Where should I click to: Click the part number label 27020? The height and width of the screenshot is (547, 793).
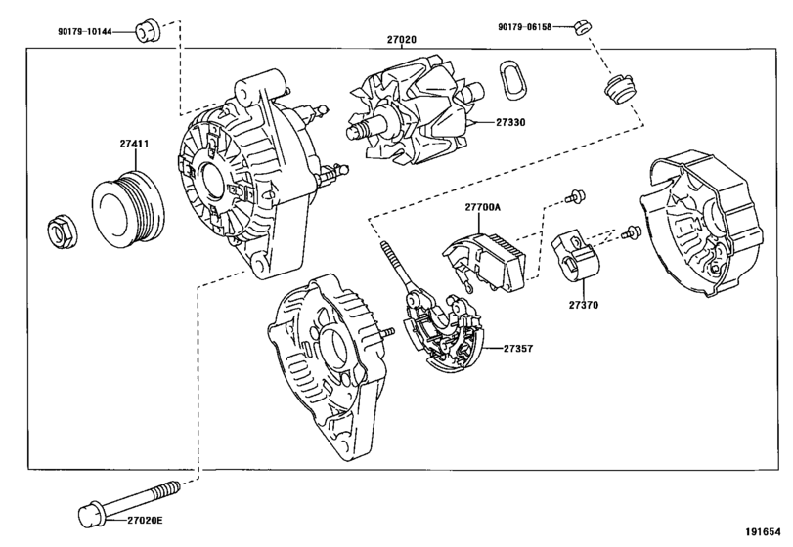click(x=402, y=39)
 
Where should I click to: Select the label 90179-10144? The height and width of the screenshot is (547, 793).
click(x=85, y=32)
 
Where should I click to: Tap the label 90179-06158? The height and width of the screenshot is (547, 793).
click(x=524, y=26)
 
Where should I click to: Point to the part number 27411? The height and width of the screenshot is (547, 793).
click(x=135, y=144)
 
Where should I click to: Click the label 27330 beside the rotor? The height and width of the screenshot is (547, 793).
click(x=510, y=122)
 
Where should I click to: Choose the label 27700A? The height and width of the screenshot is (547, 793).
click(x=483, y=206)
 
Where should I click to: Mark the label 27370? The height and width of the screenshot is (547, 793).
click(x=583, y=305)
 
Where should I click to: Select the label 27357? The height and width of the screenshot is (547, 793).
click(x=518, y=348)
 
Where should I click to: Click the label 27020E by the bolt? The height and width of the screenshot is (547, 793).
click(x=145, y=521)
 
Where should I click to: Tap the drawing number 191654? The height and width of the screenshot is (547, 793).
click(x=763, y=531)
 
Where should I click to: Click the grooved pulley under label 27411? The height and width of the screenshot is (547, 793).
click(x=128, y=210)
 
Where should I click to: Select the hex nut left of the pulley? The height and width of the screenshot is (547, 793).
click(x=62, y=231)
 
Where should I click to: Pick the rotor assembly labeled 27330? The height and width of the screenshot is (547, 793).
click(x=416, y=112)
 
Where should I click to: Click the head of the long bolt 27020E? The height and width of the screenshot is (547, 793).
click(x=92, y=514)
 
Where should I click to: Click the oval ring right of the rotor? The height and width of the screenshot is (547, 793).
click(x=510, y=78)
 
